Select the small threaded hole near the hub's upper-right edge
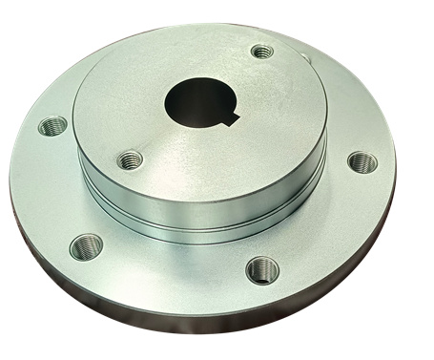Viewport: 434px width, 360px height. click(x=261, y=51)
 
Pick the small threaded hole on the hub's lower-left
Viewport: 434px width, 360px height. click(x=131, y=159)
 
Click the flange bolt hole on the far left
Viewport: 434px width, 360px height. click(x=52, y=125)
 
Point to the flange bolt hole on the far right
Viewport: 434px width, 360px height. click(x=362, y=161)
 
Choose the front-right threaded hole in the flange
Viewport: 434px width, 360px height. click(x=262, y=269)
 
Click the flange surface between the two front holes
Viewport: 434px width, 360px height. click(x=172, y=272)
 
